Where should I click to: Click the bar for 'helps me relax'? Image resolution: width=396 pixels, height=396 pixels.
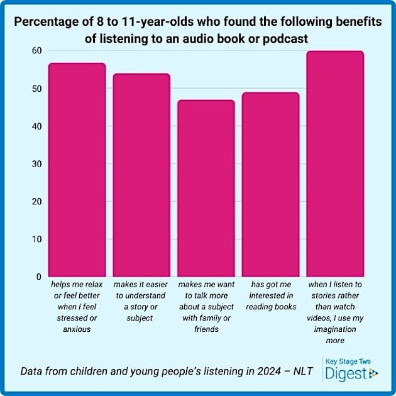77,170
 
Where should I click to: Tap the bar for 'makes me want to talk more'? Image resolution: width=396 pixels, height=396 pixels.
206,188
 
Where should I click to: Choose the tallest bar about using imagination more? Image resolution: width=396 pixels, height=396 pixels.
335,163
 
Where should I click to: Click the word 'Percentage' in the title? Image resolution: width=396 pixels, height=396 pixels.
45,23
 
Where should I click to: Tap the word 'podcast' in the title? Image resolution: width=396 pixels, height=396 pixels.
286,38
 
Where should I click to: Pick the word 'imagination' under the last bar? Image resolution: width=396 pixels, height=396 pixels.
335,329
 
